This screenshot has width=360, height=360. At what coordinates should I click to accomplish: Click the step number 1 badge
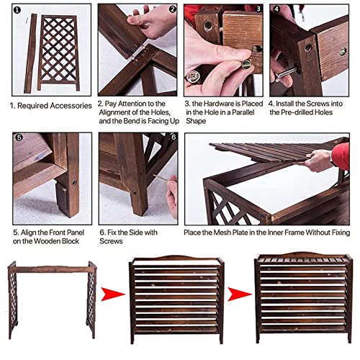pyautogui.click(x=17, y=10)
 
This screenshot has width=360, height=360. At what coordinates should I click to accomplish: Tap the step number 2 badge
pyautogui.click(x=172, y=9)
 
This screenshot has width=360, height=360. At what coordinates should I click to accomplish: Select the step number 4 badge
pyautogui.click(x=276, y=9)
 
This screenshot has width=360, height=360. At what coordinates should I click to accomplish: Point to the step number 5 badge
pyautogui.click(x=19, y=138)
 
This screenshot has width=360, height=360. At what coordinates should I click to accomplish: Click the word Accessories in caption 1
pyautogui.click(x=71, y=106)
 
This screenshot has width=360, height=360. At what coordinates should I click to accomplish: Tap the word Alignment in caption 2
pyautogui.click(x=118, y=112)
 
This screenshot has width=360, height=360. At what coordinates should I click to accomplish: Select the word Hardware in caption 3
pyautogui.click(x=219, y=104)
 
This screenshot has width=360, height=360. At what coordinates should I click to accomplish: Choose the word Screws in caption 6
pyautogui.click(x=111, y=241)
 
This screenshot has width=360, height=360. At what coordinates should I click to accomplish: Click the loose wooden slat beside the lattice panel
pyautogui.click(x=30, y=53)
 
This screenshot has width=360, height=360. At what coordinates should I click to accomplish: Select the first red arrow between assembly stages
pyautogui.click(x=113, y=294)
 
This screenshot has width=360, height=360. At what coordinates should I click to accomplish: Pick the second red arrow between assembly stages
pyautogui.click(x=240, y=294)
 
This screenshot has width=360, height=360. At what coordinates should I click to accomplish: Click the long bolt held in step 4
pyautogui.click(x=286, y=73)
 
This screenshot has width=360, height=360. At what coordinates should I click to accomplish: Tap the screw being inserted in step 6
pyautogui.click(x=161, y=178)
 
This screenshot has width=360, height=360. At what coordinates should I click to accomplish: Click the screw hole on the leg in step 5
pyautogui.click(x=74, y=183)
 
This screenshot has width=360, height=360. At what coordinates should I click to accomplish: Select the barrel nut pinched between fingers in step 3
pyautogui.click(x=246, y=64)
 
